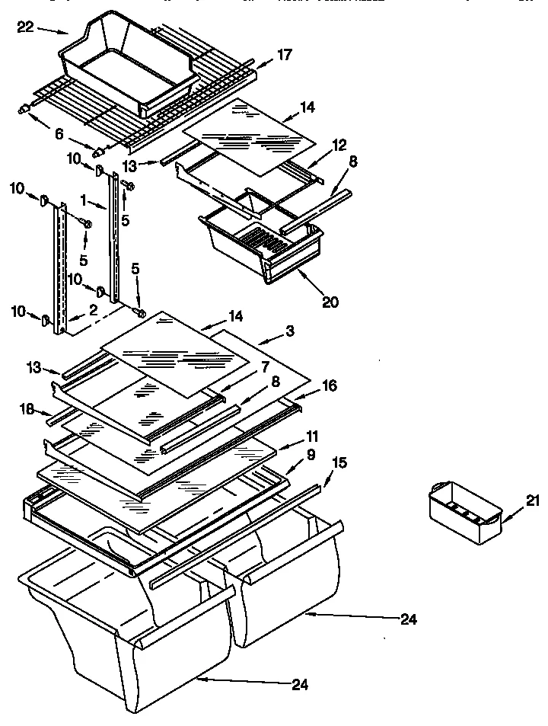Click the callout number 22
coord(25,29)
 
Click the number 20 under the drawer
coord(330,300)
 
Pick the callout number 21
coord(531,501)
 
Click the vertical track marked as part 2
coord(59,270)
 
